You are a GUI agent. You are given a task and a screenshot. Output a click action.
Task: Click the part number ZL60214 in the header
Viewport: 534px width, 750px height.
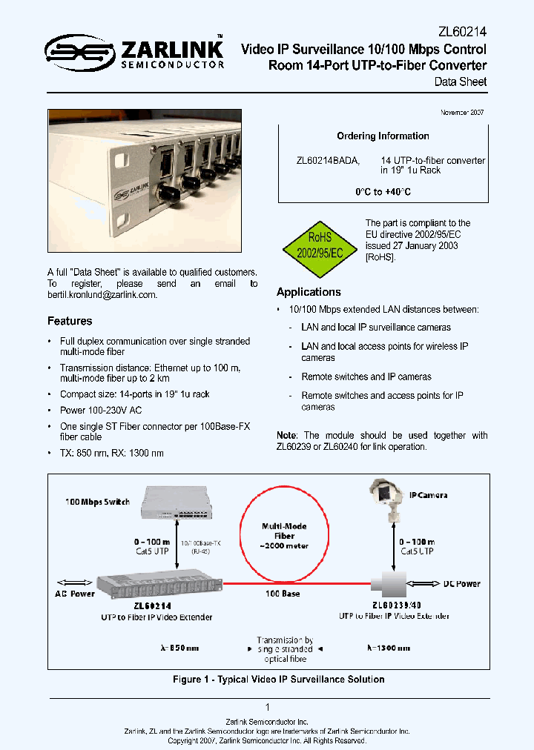click(x=463, y=33)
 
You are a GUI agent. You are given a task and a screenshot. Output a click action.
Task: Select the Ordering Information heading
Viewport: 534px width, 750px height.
click(x=383, y=136)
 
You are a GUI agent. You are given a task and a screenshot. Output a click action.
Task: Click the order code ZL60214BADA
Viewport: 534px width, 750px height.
click(x=328, y=160)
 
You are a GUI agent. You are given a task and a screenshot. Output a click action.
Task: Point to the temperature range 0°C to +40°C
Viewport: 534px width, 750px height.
click(x=383, y=192)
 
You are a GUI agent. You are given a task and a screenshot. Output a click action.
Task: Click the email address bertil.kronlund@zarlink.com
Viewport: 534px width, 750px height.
click(x=102, y=295)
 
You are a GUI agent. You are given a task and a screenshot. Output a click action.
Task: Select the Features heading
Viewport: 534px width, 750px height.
click(x=70, y=321)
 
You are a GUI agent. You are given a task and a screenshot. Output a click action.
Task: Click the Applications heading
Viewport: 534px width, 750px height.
click(x=309, y=292)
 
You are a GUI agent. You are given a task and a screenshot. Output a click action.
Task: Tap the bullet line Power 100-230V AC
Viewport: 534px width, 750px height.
click(x=102, y=410)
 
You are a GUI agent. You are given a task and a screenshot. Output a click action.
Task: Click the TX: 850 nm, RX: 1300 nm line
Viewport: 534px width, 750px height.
click(x=112, y=453)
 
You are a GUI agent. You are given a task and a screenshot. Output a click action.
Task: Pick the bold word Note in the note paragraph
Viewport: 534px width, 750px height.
click(x=286, y=435)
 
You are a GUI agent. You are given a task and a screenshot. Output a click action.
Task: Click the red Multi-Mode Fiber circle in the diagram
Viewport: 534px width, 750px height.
click(x=284, y=535)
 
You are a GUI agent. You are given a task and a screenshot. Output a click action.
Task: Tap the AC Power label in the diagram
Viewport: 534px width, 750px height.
click(x=75, y=594)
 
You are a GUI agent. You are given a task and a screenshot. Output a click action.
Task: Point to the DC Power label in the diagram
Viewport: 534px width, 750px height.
click(x=462, y=584)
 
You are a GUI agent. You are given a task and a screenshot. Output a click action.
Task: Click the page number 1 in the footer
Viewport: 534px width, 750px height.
click(x=267, y=708)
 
